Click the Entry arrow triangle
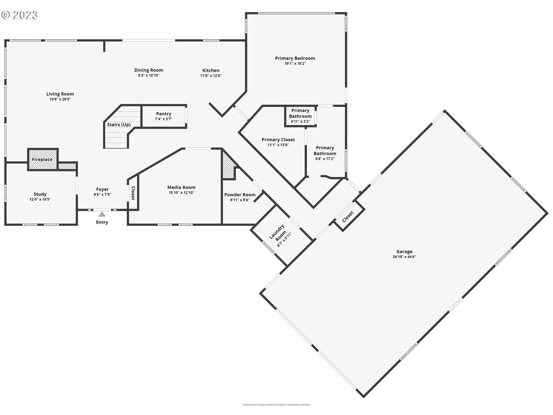click(x=102, y=214)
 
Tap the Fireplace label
click(x=42, y=159)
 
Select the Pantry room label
click(x=164, y=114)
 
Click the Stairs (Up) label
click(x=119, y=124)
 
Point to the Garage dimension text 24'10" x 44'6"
click(x=404, y=257)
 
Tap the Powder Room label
click(x=240, y=195)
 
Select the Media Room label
click(x=181, y=187)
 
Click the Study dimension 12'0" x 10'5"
click(x=40, y=199)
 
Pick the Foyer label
click(x=102, y=189)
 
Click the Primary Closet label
click(x=278, y=140)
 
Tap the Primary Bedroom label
click(x=295, y=58)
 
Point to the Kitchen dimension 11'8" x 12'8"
click(x=211, y=76)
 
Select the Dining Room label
click(x=149, y=70)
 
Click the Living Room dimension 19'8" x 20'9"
click(x=60, y=99)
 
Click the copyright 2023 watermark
click(x=20, y=15)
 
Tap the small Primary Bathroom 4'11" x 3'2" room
click(x=300, y=116)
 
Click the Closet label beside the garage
click(x=348, y=217)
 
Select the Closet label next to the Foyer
click(x=133, y=193)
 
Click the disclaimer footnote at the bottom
click(x=276, y=405)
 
